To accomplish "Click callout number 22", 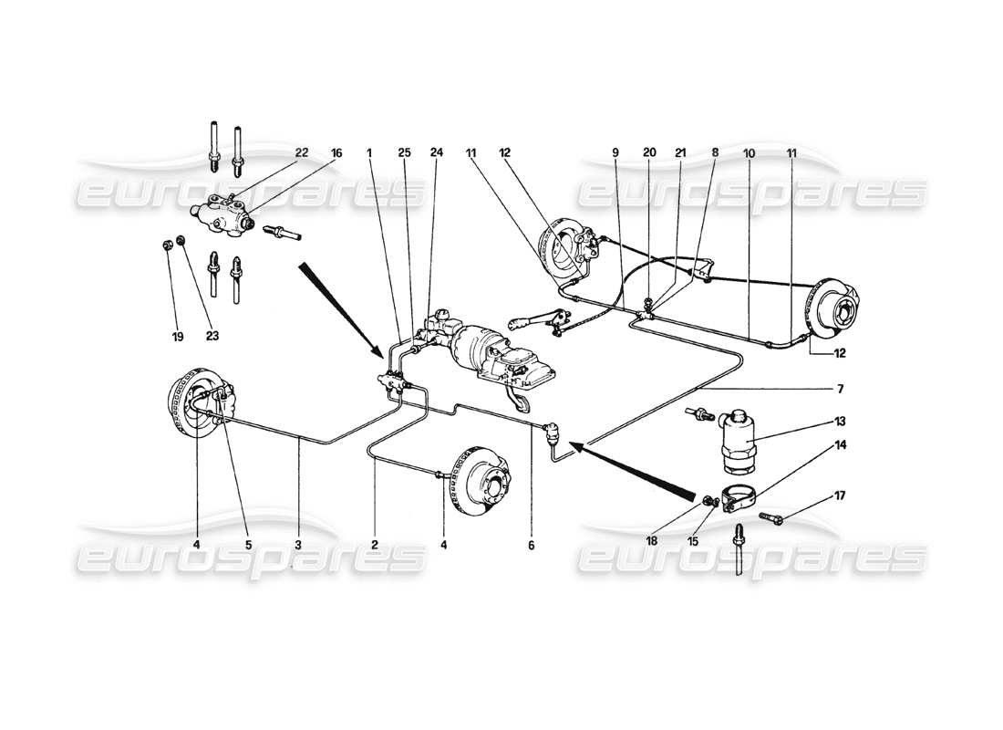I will point(300,153).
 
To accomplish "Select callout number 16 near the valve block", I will point(336,153).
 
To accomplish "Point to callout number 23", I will point(212,336).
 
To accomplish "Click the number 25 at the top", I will point(404,153).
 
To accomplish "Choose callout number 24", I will point(437,153).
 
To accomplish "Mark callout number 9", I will point(615,153).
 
